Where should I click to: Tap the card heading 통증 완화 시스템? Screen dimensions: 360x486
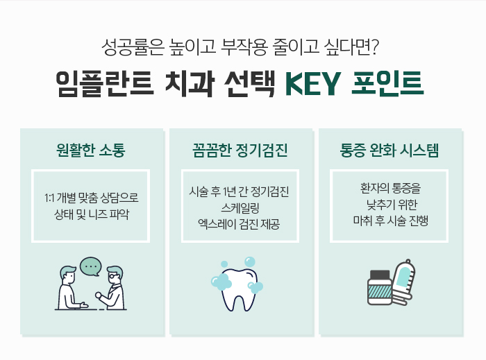click(389, 150)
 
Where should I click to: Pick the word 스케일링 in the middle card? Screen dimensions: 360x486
click(240, 207)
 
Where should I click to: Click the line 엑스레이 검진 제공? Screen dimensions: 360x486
click(240, 223)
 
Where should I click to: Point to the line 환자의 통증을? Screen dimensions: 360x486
click(390, 189)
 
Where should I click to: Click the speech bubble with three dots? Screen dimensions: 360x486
click(90, 266)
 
